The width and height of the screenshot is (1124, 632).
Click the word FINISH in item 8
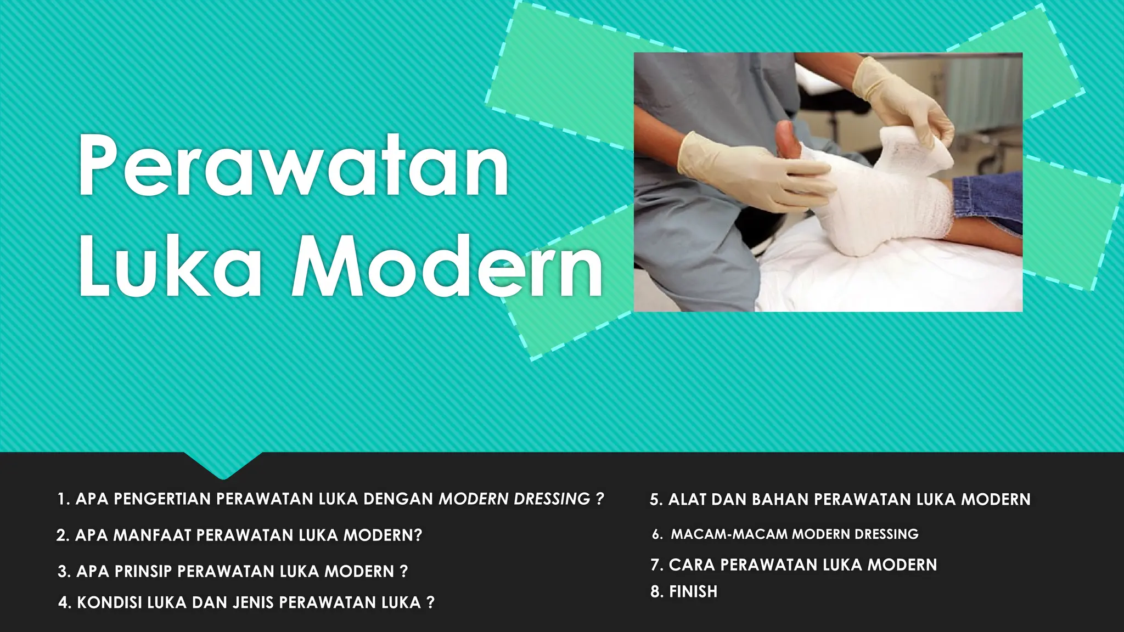tap(693, 591)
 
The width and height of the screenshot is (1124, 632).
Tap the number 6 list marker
tap(656, 534)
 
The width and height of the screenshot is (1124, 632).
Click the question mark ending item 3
tap(404, 571)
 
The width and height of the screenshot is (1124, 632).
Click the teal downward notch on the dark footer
tap(223, 465)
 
